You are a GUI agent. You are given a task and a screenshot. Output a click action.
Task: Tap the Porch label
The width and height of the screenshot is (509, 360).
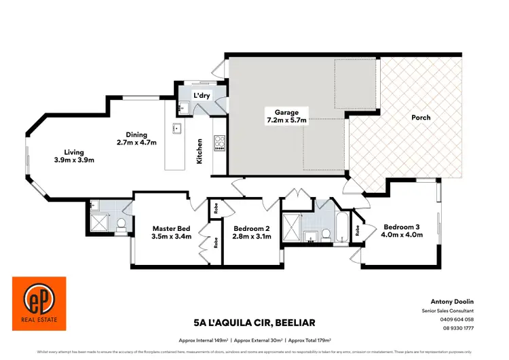(421, 118)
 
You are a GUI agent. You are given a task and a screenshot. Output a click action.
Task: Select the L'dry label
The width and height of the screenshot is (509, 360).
(202, 96)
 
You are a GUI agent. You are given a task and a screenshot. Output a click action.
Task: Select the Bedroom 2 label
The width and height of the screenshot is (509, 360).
(252, 228)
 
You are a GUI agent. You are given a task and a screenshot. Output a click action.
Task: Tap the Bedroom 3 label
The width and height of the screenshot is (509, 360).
(403, 227)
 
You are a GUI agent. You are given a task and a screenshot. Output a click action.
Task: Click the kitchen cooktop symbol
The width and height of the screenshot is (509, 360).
(220, 143)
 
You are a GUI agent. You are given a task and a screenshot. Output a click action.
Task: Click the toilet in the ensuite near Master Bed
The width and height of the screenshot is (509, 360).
(121, 224)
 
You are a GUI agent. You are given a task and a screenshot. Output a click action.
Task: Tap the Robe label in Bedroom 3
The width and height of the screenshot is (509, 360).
(358, 230)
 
